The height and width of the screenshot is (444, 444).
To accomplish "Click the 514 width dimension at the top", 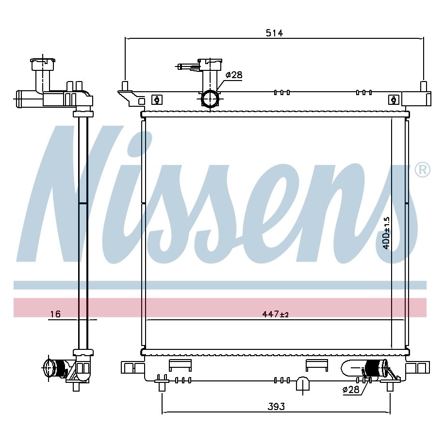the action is point(274,33).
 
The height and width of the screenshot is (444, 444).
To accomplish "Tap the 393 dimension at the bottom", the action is point(276,406).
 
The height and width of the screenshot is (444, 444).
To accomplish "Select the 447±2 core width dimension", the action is point(275,314).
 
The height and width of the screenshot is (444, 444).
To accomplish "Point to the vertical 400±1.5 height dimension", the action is point(386,233).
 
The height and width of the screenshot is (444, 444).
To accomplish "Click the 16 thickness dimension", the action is point(55,314).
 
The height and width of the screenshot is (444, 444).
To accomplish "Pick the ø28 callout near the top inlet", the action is point(234,75).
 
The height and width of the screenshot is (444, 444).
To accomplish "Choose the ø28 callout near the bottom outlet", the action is point(351,390).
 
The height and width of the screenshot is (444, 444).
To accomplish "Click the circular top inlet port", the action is point(210,99).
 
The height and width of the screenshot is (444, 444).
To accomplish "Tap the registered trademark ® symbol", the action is point(422,170).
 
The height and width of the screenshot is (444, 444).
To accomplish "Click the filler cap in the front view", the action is point(210,65).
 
